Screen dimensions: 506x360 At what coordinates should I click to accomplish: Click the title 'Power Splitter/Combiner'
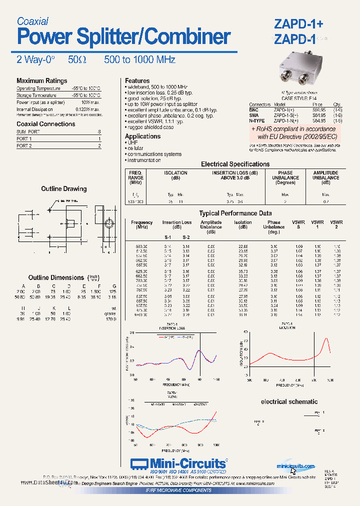(x=123, y=37)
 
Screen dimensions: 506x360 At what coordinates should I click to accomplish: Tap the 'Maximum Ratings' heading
(x=41, y=80)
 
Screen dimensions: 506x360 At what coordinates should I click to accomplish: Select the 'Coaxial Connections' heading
(x=45, y=124)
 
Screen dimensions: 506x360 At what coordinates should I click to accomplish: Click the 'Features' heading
(x=137, y=80)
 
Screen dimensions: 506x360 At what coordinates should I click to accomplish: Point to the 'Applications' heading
(x=142, y=136)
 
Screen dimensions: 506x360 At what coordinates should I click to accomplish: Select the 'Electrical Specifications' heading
(x=235, y=164)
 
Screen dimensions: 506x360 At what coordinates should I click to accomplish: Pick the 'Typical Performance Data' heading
(x=235, y=213)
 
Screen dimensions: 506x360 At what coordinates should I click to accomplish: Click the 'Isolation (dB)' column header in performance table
(x=243, y=224)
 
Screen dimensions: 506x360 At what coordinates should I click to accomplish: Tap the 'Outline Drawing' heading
(x=63, y=189)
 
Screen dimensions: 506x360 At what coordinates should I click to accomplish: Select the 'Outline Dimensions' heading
(x=56, y=277)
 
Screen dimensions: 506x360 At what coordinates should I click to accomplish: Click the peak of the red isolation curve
(x=327, y=339)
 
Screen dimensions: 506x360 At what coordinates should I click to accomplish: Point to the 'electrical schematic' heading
(x=289, y=401)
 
